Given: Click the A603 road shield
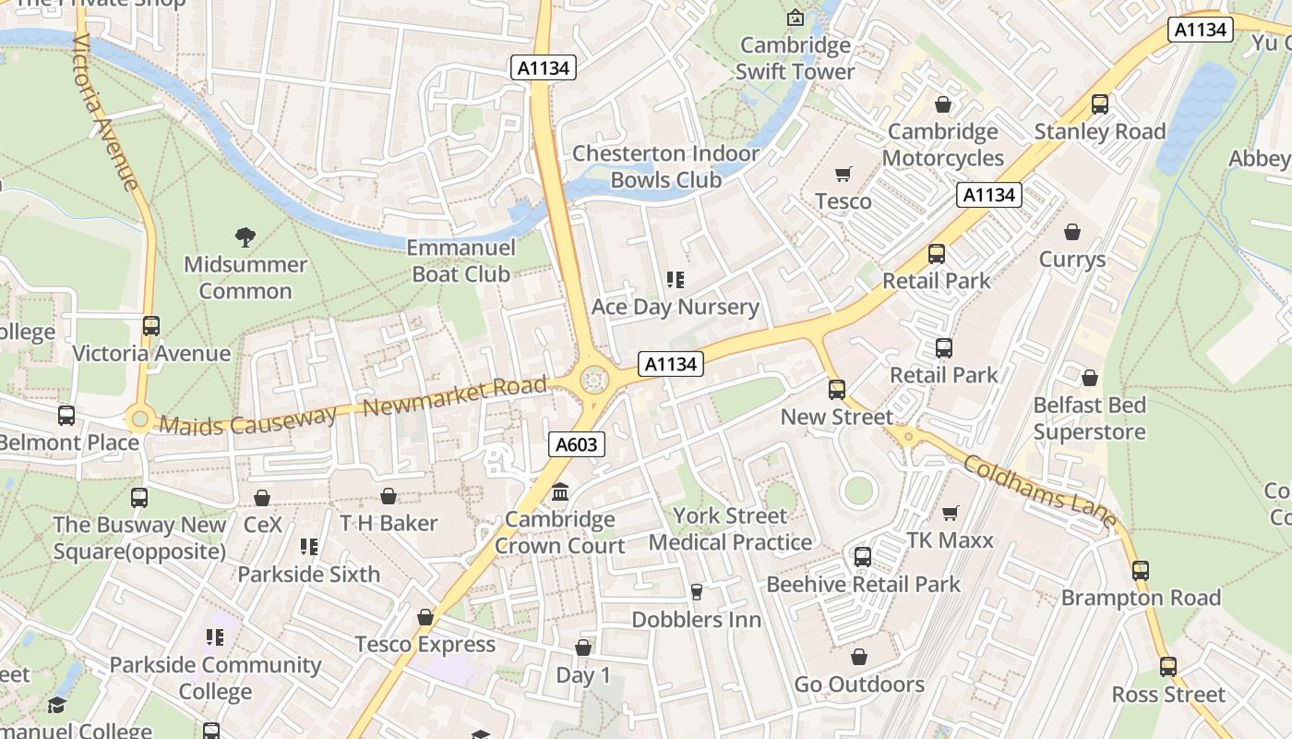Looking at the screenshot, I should coord(577,444).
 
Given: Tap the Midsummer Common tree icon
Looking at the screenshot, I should coord(245,237).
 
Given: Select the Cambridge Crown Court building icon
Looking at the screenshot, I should coord(560,492).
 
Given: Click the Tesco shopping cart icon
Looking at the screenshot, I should coord(843,174).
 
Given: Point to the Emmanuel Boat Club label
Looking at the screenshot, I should coord(461,260).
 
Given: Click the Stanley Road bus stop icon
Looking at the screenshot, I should coord(1099,104).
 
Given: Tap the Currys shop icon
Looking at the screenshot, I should coord(1071,232).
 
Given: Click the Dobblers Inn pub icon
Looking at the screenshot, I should coord(697,591).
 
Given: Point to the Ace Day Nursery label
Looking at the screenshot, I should coord(675,307).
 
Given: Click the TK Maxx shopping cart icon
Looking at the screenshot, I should coord(950,513).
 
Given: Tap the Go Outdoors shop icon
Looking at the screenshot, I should coord(859,657).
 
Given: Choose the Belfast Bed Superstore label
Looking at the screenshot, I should coord(1089,418).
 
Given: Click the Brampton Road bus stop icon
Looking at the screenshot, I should coord(1141,570).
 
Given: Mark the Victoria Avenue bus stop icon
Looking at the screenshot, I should coord(151,326).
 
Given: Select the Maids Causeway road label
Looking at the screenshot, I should coord(247,421).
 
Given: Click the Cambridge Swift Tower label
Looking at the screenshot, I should coord(796,58).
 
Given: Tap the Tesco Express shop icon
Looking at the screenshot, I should coord(425,616).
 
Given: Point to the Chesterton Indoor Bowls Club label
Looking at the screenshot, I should coord(665,166).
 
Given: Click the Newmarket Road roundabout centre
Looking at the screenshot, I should coord(594,379).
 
